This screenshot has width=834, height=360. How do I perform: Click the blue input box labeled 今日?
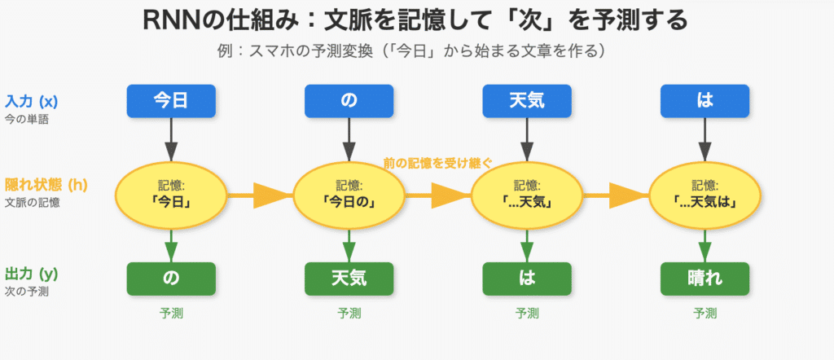click(171, 101)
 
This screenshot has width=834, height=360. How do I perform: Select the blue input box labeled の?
click(349, 101)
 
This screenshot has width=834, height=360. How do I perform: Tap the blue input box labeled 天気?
click(527, 101)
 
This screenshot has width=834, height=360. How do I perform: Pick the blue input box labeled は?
click(705, 101)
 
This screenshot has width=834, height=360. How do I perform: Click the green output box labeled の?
click(171, 279)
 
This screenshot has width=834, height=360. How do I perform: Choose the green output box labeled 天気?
click(349, 279)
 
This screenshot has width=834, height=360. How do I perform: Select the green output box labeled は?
click(527, 279)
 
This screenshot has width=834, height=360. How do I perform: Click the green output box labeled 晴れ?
click(705, 279)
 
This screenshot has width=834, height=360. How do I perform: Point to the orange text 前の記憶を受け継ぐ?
click(437, 163)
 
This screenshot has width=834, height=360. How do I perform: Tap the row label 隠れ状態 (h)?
click(46, 185)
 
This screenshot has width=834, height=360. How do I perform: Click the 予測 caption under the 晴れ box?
click(705, 313)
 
